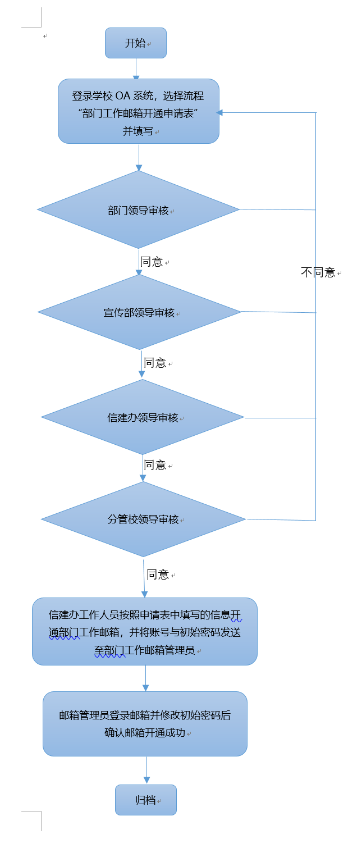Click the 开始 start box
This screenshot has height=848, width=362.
coord(136,43)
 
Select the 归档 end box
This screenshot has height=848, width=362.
coord(146,800)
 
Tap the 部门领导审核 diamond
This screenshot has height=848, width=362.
coord(139,209)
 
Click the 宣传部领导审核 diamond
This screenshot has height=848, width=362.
coord(140,312)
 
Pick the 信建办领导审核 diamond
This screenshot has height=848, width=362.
coord(143,417)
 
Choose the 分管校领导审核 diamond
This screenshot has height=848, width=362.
coord(143,519)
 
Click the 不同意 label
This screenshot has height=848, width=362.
coord(318,273)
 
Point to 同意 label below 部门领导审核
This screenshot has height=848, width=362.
coord(152,262)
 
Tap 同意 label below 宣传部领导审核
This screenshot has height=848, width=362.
coord(155,363)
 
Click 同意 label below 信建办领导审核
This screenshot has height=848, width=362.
coord(155,465)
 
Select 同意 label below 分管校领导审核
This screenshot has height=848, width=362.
coord(158,575)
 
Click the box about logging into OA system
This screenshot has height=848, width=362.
coord(139,111)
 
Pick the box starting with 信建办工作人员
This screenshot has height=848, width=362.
coord(145,631)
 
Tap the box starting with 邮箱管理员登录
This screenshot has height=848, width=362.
coord(145,723)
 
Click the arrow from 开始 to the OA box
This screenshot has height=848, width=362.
coord(136,69)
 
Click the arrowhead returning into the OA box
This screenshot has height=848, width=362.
coord(220,112)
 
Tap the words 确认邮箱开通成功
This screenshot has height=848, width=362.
coord(145,733)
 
